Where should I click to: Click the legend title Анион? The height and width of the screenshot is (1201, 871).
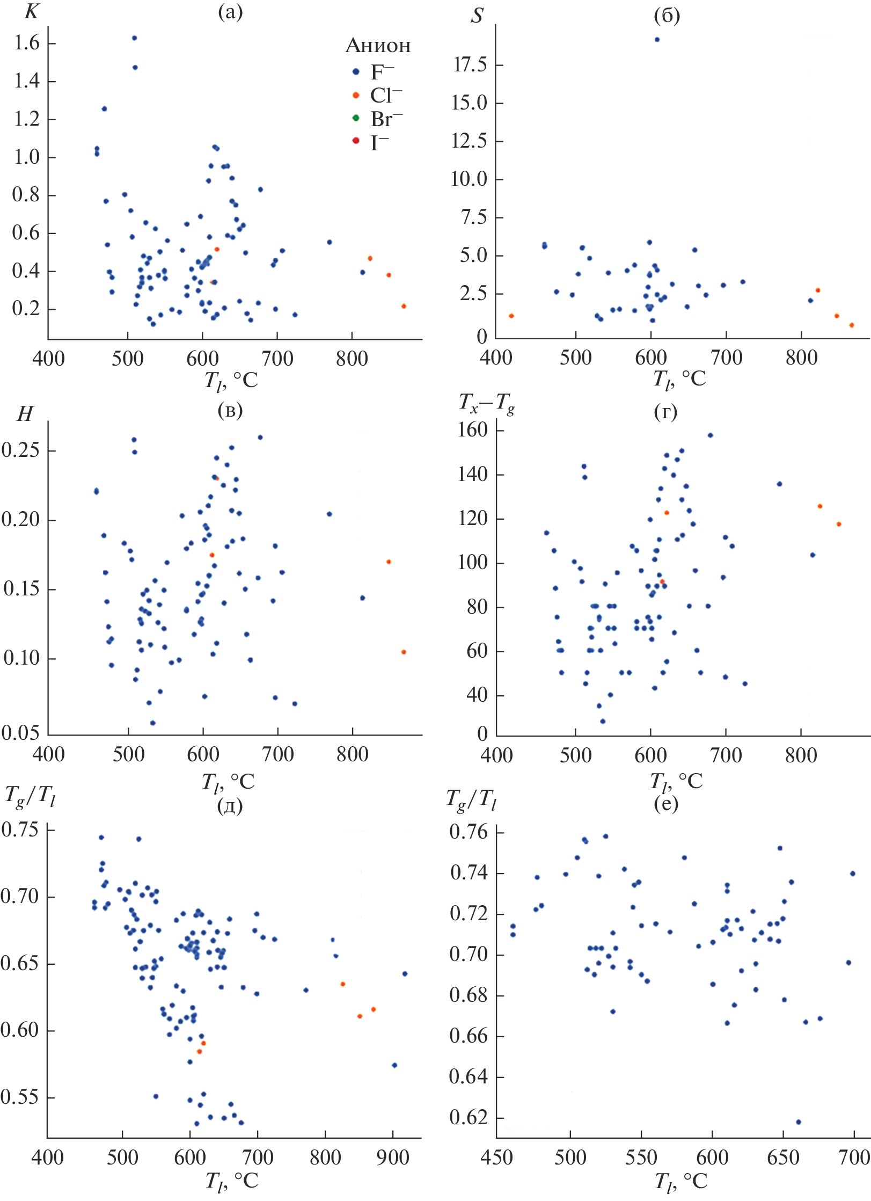click(x=378, y=46)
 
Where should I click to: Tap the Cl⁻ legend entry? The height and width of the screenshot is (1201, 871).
click(x=385, y=96)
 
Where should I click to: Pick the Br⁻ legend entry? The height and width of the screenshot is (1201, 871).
click(x=386, y=119)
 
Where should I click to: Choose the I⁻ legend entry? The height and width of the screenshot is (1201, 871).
click(x=379, y=142)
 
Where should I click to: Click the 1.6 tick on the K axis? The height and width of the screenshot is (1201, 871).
click(x=27, y=43)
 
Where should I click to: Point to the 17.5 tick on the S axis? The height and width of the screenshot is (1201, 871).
click(x=470, y=65)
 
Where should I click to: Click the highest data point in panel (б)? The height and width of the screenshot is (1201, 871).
click(x=657, y=39)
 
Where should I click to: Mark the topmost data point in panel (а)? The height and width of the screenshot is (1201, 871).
click(x=134, y=38)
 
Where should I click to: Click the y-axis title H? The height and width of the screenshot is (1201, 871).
click(x=25, y=414)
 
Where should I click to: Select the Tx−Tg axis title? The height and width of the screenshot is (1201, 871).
click(x=486, y=403)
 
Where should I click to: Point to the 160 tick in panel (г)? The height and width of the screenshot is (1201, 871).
click(x=472, y=430)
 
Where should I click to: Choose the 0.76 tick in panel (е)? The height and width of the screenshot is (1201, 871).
click(x=468, y=832)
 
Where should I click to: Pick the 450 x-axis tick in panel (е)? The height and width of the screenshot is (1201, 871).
click(x=497, y=1158)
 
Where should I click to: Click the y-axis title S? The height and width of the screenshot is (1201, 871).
click(x=477, y=16)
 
